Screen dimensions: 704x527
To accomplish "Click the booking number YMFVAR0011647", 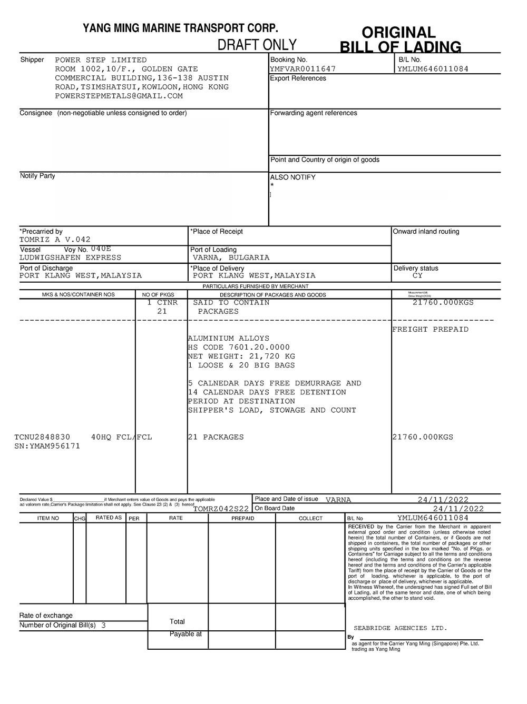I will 302,68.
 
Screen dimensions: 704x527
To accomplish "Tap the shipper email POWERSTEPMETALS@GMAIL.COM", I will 119,96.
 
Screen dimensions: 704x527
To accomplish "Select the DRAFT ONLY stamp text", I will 257,45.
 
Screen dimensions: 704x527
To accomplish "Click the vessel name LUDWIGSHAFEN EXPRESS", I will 70,257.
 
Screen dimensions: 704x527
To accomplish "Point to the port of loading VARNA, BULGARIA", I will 231,257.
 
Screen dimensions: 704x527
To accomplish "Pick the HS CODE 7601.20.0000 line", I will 239,348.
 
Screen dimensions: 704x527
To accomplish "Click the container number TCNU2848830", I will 42,437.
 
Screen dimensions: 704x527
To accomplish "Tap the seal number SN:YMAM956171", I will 47,446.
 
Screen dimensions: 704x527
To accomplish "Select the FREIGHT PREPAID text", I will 430,330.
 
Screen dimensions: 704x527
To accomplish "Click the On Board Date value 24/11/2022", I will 458,509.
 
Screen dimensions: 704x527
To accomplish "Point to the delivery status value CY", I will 417,275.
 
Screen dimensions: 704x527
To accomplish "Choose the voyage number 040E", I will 101,249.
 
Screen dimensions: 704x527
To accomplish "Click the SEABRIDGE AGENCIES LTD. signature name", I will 400,628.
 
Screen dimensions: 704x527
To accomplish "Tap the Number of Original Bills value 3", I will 103,626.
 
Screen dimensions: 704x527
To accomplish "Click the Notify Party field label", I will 37,176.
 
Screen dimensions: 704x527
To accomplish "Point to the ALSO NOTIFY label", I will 292,177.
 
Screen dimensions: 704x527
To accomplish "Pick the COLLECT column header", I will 310,519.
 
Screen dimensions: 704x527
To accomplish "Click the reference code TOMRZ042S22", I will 221,509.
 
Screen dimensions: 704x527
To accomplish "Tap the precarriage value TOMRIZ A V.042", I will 55,240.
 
